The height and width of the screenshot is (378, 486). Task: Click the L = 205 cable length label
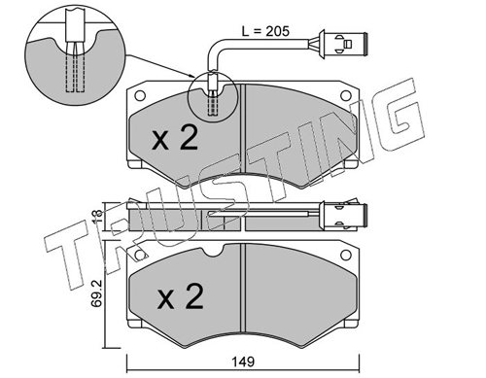[265, 31]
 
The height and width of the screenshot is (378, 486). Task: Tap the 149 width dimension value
[244, 361]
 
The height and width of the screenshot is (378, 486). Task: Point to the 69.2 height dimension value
[98, 293]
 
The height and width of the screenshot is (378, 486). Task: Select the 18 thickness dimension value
[97, 217]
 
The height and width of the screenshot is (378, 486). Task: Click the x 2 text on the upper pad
[175, 138]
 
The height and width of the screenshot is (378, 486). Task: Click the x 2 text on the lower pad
[180, 296]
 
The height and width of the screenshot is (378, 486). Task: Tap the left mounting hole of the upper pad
[140, 95]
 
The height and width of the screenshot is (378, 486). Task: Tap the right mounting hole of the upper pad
[346, 95]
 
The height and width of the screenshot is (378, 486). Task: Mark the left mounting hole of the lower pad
[140, 255]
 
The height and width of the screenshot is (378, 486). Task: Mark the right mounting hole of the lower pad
[346, 255]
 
